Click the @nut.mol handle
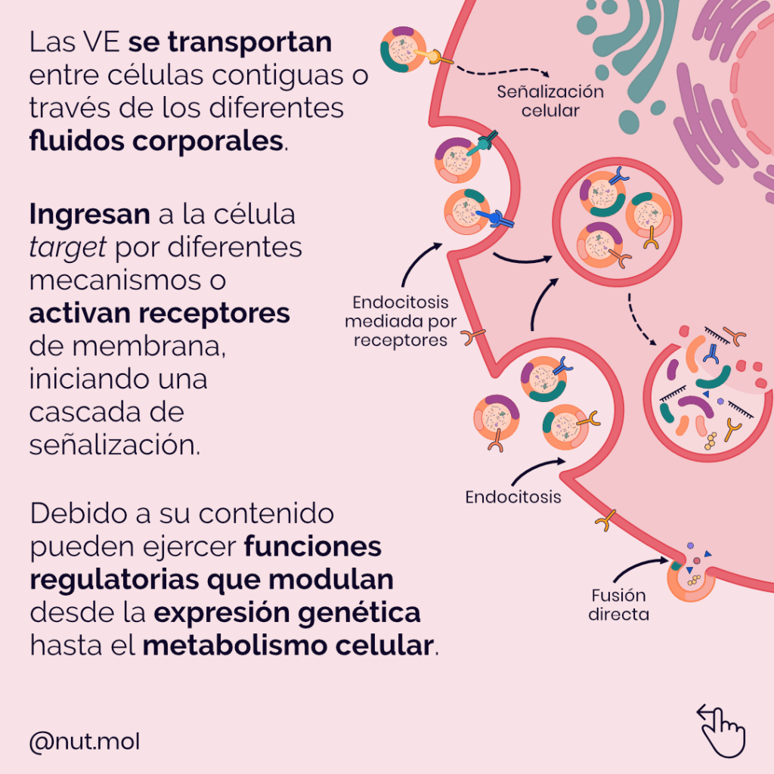[x=84, y=742]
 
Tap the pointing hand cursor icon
[x=721, y=727]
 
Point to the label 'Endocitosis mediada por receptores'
[x=401, y=321]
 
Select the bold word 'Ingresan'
[x=89, y=215]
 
